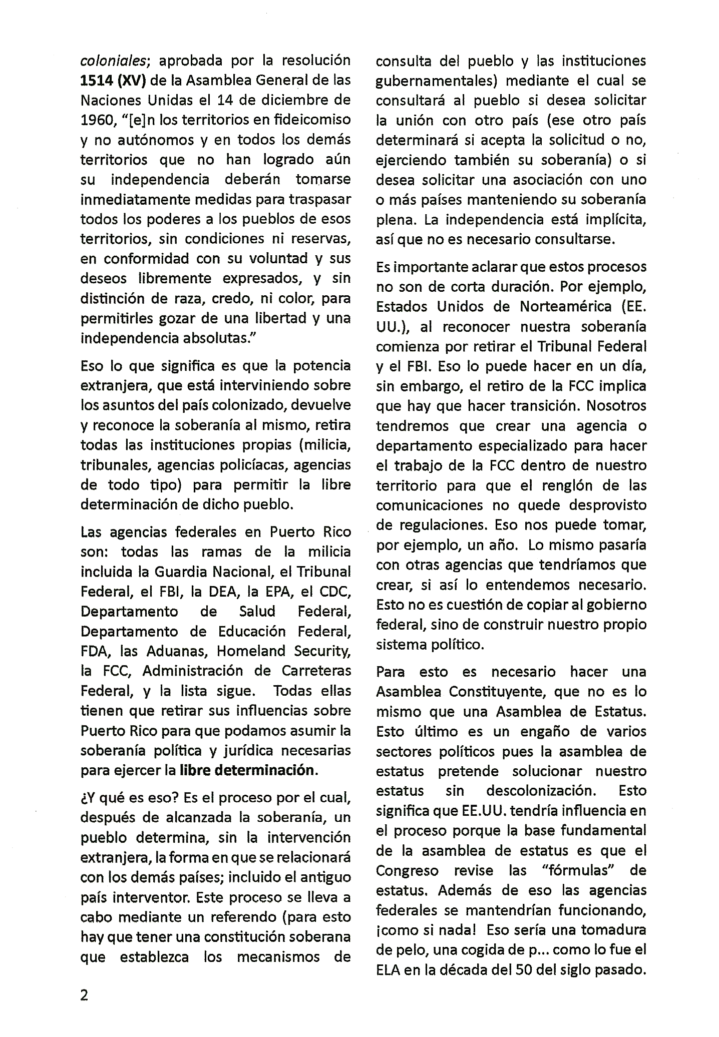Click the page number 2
[84, 995]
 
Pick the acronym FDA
[97, 651]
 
